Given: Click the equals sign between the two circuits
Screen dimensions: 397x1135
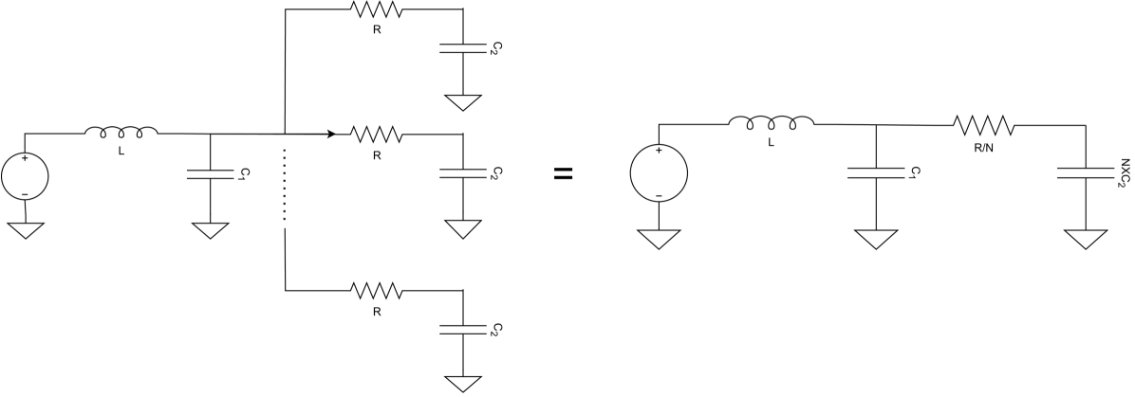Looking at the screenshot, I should [564, 173].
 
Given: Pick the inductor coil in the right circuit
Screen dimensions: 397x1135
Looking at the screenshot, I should [771, 121].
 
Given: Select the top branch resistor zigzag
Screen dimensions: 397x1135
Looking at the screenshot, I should [377, 10].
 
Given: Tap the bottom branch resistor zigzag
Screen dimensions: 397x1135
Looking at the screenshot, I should [377, 290].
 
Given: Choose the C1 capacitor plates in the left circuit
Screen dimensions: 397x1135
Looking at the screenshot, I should [210, 172].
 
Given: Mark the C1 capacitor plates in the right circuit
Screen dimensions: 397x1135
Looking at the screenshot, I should [875, 172].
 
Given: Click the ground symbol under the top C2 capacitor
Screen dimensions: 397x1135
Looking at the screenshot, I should [462, 101].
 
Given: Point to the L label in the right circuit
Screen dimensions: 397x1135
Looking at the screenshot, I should [771, 142].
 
